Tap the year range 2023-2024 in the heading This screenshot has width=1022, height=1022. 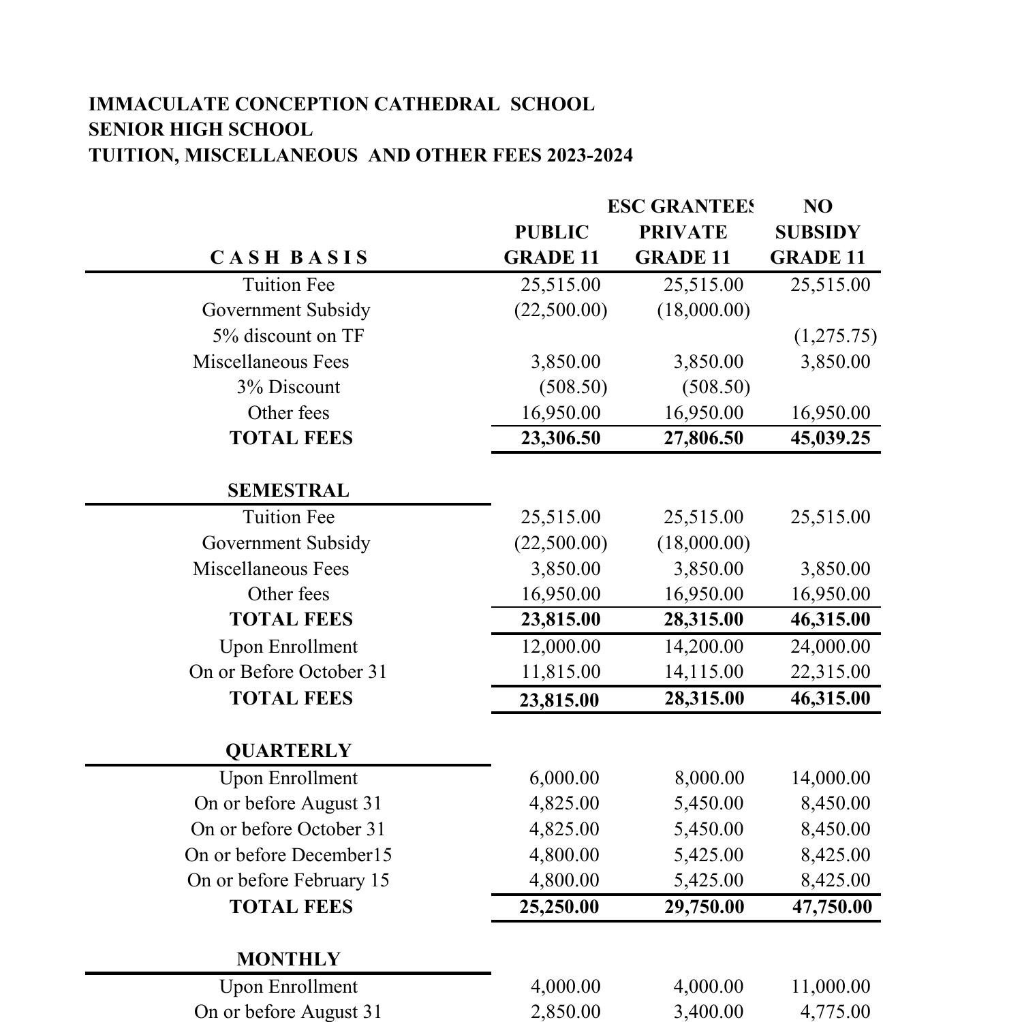589,155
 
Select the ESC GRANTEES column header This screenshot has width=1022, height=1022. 681,206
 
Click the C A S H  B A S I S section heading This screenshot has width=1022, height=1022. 289,258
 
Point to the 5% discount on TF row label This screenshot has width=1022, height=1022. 288,336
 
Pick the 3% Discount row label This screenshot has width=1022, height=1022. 288,387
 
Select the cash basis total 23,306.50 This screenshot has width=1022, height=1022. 561,438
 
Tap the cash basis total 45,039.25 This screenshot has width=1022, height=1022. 830,438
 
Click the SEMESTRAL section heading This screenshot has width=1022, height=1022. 288,491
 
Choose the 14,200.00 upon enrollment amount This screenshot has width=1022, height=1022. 704,647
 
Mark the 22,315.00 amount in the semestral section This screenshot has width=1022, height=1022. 830,672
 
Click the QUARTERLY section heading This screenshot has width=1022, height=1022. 288,751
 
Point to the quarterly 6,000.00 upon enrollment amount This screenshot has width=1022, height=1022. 564,778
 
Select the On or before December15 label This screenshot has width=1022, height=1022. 288,855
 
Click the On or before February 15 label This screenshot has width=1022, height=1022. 288,880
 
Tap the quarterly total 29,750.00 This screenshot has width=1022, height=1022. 704,907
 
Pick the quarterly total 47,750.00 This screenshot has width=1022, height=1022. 832,907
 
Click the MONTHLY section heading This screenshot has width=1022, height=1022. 288,959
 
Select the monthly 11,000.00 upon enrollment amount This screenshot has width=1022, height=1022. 830,987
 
